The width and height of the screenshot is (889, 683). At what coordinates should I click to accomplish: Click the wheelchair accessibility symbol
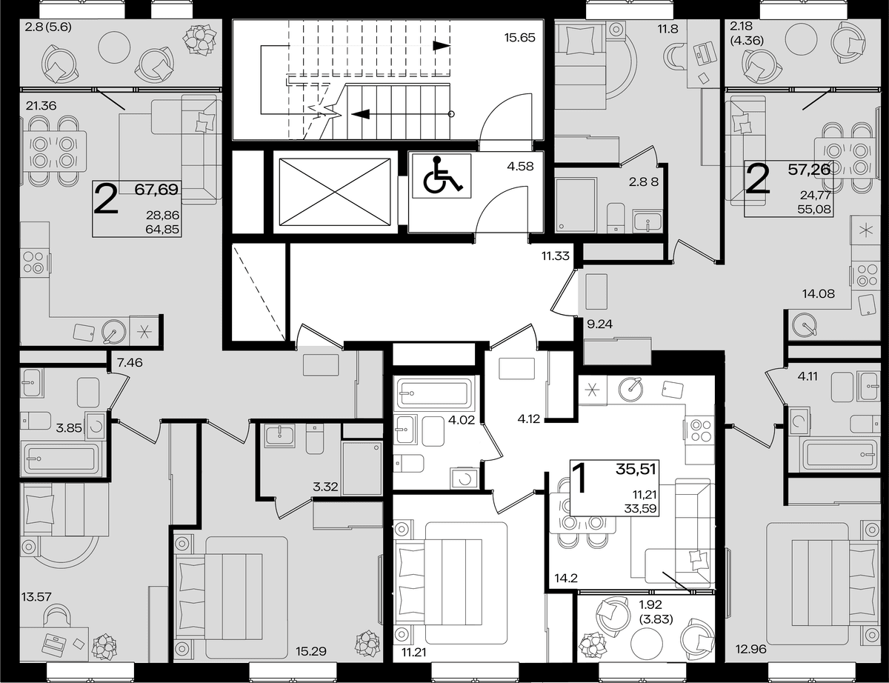(x=442, y=176)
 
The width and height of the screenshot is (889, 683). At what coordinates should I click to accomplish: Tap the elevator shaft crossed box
(x=335, y=192)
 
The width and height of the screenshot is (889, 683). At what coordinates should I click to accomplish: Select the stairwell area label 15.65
(x=519, y=38)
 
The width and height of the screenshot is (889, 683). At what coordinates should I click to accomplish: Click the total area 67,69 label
(x=157, y=190)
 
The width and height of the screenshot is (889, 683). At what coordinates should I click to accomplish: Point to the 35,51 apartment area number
(x=636, y=469)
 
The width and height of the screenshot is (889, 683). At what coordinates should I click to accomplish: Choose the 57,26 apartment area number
(x=809, y=170)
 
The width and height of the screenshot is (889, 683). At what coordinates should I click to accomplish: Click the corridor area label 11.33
(x=555, y=256)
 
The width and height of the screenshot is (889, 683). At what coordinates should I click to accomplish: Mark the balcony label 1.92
(x=650, y=604)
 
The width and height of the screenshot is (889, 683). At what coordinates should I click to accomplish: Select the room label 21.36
(x=41, y=106)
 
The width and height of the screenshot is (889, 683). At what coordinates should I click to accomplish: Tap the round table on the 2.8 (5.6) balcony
(x=115, y=48)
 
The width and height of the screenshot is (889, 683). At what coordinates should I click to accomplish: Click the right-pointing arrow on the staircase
(x=442, y=46)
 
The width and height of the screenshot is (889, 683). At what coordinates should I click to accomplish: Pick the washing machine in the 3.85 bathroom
(x=96, y=426)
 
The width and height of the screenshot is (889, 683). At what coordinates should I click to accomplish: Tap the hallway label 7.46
(x=130, y=362)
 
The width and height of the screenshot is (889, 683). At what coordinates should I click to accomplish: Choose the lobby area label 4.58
(x=520, y=167)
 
